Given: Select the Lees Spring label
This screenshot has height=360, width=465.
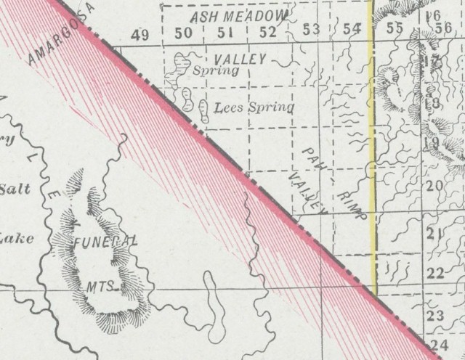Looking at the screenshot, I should (x=255, y=108).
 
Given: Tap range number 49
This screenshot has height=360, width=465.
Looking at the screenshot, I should (x=140, y=33).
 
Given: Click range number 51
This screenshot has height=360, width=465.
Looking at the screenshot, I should (x=225, y=33).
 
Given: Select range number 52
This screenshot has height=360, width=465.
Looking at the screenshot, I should (x=267, y=32).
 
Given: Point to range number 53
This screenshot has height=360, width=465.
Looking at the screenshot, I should (x=311, y=30).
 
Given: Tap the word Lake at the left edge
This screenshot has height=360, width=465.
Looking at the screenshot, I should (x=13, y=237).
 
